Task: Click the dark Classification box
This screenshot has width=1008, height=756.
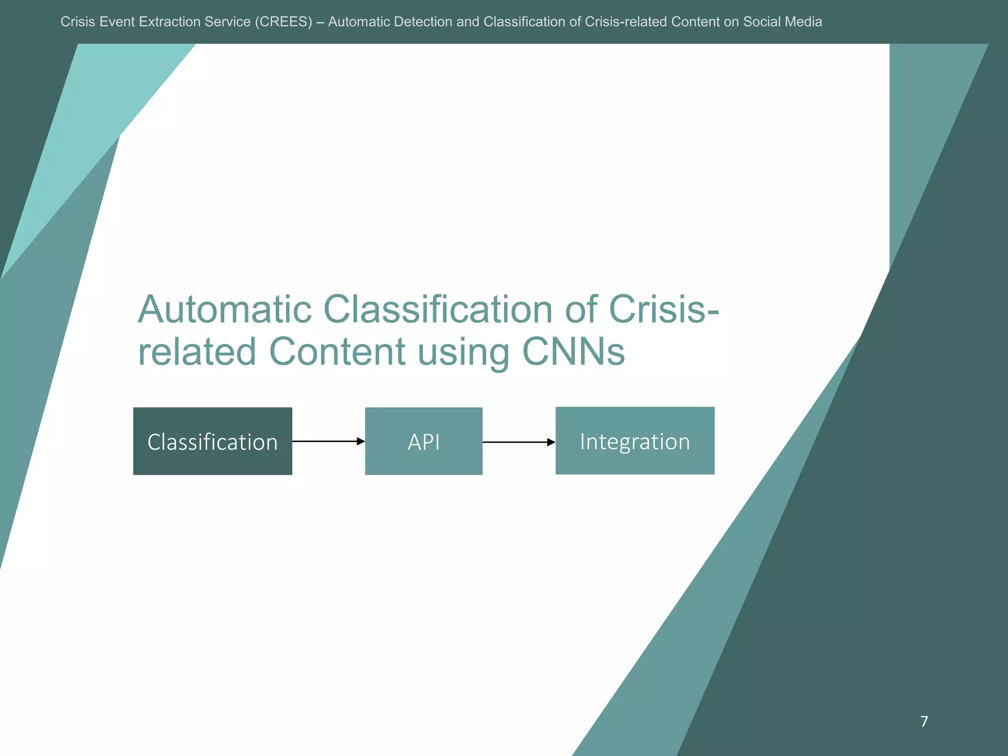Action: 213,441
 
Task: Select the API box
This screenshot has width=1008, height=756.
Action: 423,441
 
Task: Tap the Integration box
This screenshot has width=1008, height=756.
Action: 635,441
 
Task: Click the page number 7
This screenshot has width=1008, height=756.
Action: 924,722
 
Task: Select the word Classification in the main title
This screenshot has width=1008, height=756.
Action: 438,310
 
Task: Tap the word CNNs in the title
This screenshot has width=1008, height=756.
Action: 573,352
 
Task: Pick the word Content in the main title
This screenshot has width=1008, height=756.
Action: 338,352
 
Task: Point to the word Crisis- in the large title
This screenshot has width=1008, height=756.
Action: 664,310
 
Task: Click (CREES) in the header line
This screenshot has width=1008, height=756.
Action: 283,22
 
